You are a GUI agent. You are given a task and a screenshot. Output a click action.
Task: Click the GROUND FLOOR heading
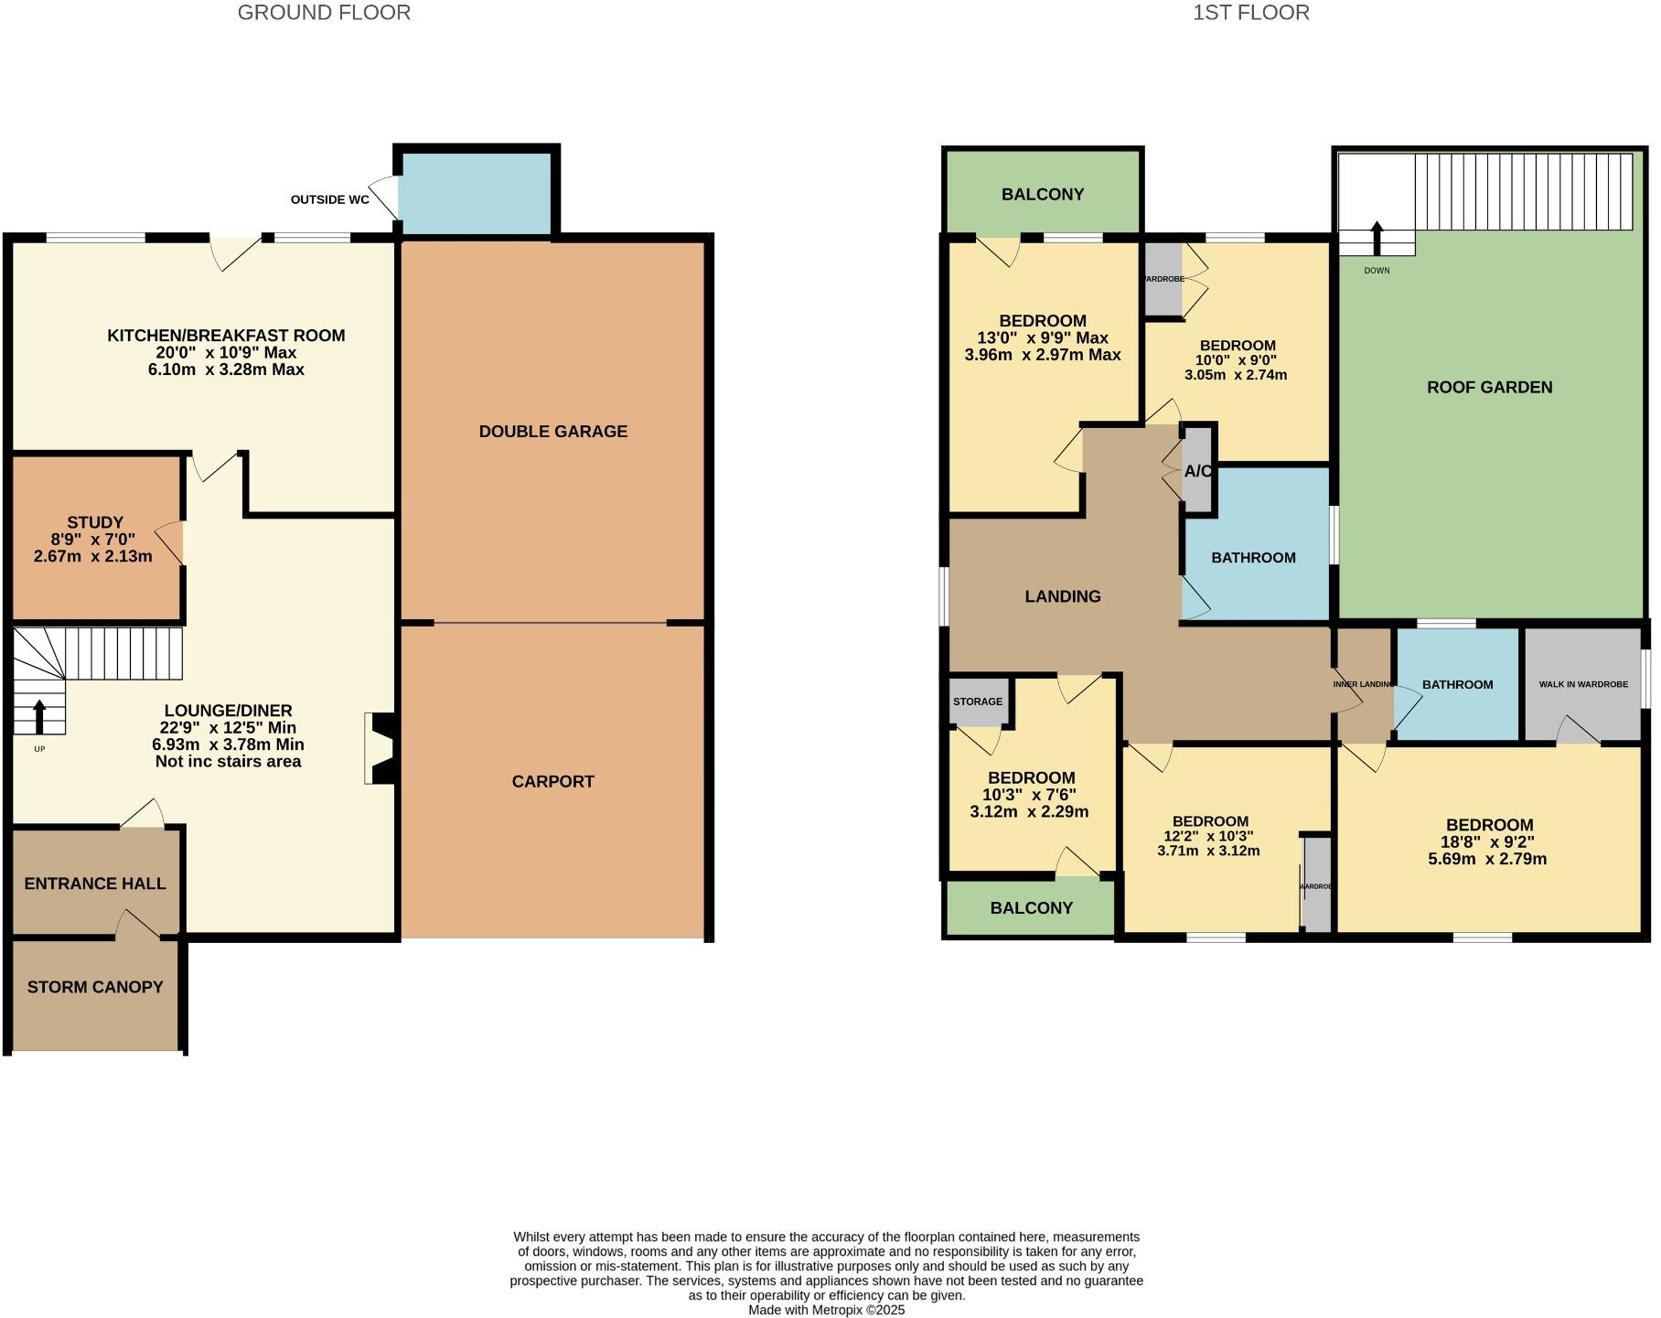(x=324, y=13)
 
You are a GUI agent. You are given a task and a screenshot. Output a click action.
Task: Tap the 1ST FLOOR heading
(x=1250, y=13)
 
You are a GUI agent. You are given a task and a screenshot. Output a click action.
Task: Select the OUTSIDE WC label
(x=329, y=199)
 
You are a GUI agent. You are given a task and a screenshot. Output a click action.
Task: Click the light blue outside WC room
(x=476, y=193)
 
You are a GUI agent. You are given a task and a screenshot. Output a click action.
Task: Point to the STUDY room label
(x=94, y=523)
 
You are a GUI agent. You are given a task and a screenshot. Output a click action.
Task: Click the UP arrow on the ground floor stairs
(x=39, y=717)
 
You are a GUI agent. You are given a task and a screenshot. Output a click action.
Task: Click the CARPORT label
(x=552, y=781)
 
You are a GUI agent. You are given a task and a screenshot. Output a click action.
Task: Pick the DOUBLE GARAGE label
(x=552, y=432)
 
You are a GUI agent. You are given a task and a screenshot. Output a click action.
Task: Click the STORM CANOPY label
(x=95, y=987)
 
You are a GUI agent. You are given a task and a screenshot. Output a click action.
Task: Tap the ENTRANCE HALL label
(x=95, y=884)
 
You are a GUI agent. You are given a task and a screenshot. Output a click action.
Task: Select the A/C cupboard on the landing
(x=1198, y=472)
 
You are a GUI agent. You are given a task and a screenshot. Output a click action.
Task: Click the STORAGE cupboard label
(x=978, y=702)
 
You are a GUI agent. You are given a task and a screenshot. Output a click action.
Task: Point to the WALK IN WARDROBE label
(x=1583, y=684)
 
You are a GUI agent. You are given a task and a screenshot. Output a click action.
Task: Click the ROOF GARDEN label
(x=1489, y=388)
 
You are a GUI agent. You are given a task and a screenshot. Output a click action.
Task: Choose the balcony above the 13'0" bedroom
(x=1043, y=194)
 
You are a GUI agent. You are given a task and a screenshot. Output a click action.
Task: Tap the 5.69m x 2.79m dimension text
(x=1487, y=859)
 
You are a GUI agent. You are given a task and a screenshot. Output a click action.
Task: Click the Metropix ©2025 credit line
(x=826, y=1310)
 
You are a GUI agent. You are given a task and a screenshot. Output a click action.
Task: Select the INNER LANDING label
(x=1362, y=684)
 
